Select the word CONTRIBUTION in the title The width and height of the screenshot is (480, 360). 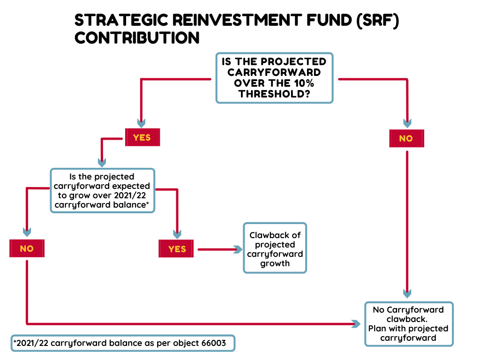[x=137, y=37]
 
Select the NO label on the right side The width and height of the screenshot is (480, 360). [x=406, y=139]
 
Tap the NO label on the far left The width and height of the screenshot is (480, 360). [x=27, y=248]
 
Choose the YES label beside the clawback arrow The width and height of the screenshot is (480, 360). [x=177, y=249]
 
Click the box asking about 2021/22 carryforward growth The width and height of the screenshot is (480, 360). [x=102, y=191]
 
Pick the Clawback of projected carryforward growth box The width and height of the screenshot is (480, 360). [x=275, y=248]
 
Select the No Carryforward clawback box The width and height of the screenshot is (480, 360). [x=408, y=324]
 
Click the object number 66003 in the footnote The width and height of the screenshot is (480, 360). [x=213, y=343]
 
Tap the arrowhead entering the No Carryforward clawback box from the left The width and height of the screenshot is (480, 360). [x=356, y=323]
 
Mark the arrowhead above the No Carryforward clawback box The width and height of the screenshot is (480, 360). [x=407, y=294]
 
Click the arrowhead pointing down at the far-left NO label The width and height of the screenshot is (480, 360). [x=27, y=232]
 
